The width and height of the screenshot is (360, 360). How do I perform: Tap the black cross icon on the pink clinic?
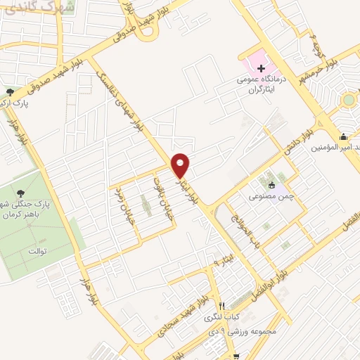coord(261,68)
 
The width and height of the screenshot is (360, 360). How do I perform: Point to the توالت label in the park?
coord(33,250)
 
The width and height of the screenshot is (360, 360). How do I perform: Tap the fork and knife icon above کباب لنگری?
coord(221,306)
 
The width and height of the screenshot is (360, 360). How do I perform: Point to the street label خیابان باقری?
coord(162,193)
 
